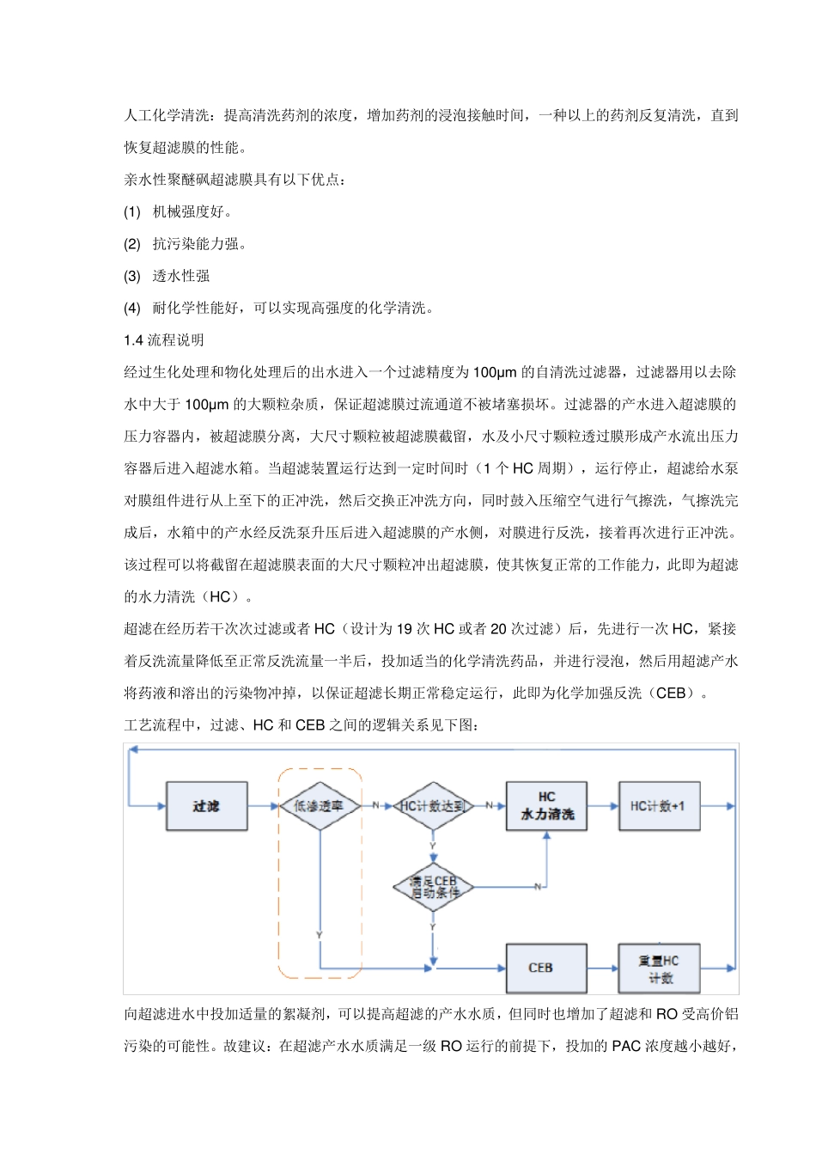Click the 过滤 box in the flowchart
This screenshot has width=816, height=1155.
(x=206, y=806)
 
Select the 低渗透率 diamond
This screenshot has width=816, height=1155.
(x=320, y=806)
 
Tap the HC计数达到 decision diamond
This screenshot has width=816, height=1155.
(x=433, y=806)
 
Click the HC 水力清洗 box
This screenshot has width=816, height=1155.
(x=547, y=806)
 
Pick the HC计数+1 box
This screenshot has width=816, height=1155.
(x=659, y=806)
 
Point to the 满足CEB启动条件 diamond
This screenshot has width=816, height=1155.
(x=433, y=887)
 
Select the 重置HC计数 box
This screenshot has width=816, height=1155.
(x=659, y=969)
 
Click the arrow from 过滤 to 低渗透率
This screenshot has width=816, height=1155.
(x=265, y=806)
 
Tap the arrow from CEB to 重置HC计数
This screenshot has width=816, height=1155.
(x=603, y=969)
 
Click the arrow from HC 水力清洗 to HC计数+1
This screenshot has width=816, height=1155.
(x=603, y=806)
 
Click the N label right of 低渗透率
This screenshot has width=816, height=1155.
(x=375, y=806)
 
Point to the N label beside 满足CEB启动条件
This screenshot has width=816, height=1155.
(x=538, y=887)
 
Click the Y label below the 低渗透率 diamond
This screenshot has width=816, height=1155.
(x=319, y=935)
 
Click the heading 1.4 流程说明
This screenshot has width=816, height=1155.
(x=164, y=340)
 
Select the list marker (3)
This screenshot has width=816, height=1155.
(x=132, y=276)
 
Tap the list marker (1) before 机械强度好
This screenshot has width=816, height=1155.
(x=132, y=211)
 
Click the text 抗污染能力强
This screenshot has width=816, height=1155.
(x=199, y=244)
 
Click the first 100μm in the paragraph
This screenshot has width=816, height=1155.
(x=495, y=372)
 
